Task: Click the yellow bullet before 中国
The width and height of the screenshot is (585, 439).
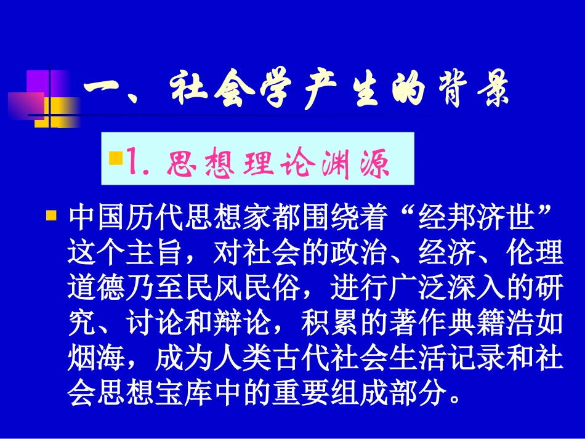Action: pos(52,217)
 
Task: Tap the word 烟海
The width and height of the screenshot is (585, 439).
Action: pos(92,358)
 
